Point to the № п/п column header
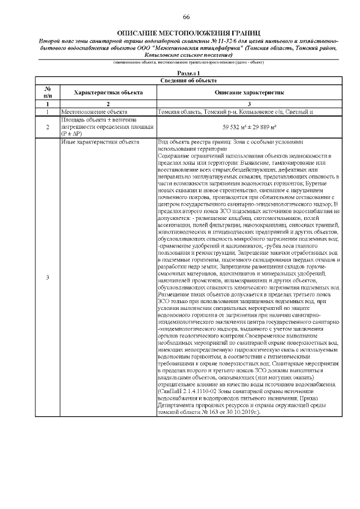(x=48, y=92)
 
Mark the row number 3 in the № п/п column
(x=48, y=277)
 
